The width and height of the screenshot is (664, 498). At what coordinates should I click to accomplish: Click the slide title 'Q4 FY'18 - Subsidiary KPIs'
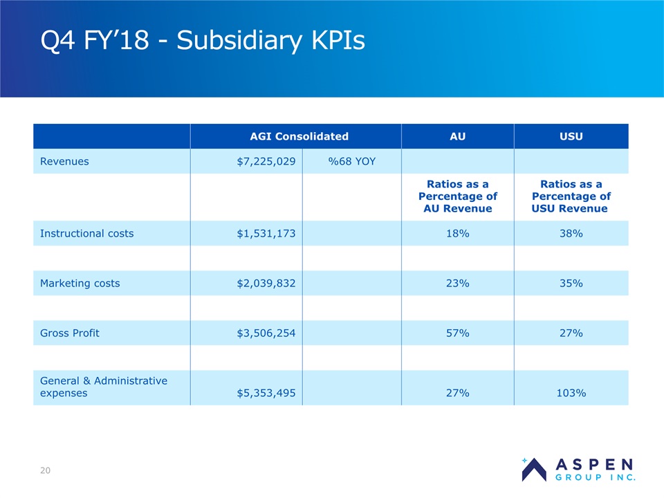click(x=203, y=41)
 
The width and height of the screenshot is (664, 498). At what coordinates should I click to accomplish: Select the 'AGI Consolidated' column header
click(x=295, y=136)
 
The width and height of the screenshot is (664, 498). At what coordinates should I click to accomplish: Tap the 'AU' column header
click(x=457, y=136)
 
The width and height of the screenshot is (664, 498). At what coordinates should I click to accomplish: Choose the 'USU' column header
click(x=571, y=136)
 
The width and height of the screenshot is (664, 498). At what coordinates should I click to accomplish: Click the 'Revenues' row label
click(x=64, y=161)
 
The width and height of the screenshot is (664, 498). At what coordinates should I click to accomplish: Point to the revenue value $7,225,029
click(x=266, y=161)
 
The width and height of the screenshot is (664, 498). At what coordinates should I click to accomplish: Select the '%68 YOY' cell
click(x=351, y=161)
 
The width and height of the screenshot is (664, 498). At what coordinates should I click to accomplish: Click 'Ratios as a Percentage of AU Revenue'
click(x=457, y=196)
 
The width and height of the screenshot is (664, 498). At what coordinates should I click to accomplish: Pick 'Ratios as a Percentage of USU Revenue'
click(x=571, y=196)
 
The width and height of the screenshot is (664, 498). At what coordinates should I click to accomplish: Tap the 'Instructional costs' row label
click(x=87, y=233)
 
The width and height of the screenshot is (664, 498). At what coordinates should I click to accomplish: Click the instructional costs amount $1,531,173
click(x=266, y=233)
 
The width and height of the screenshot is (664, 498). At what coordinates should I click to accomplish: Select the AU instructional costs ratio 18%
click(x=457, y=233)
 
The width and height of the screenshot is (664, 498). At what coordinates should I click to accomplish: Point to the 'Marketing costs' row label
click(x=80, y=283)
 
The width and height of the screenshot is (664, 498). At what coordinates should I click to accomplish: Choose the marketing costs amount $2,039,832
click(x=266, y=283)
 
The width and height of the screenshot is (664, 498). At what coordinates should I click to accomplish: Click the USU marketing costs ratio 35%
click(x=571, y=283)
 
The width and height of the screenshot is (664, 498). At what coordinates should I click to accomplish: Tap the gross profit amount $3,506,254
click(x=266, y=333)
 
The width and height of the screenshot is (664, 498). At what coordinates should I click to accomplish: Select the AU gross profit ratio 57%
click(x=457, y=333)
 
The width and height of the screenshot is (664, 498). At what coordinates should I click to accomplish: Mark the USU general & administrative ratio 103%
click(x=571, y=393)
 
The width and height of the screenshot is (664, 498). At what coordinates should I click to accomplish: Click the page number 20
click(x=45, y=471)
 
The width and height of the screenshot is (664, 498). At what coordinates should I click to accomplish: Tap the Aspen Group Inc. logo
click(x=578, y=468)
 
